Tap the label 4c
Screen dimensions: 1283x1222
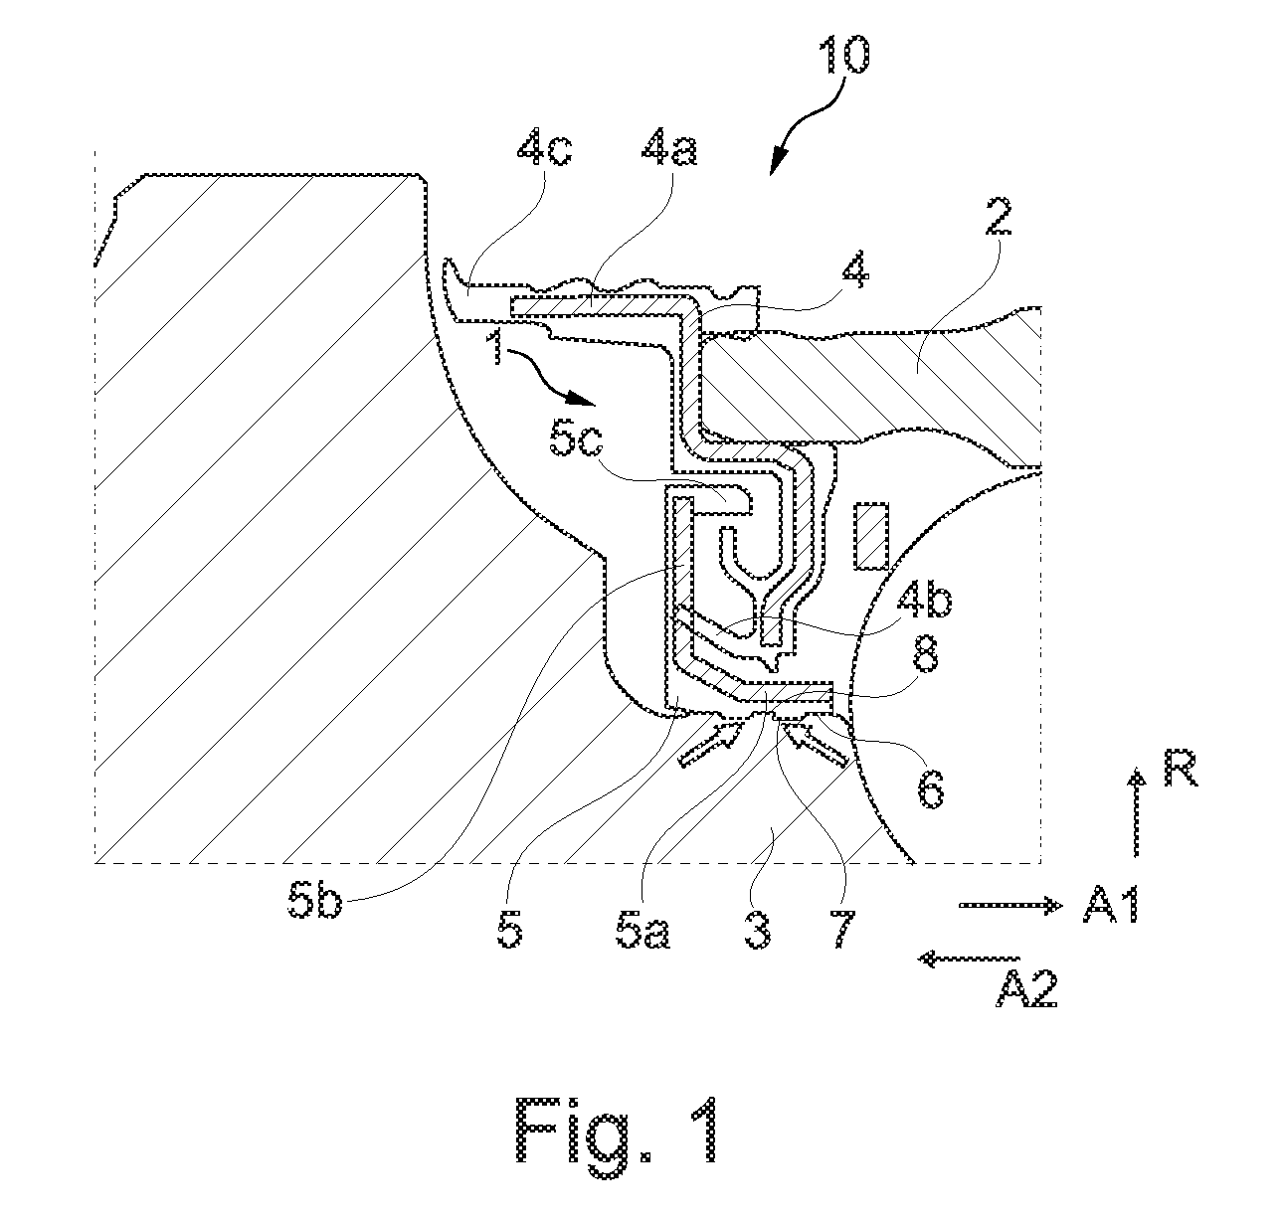click(544, 148)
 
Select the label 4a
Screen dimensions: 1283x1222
click(669, 148)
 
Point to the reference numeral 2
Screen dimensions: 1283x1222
click(999, 217)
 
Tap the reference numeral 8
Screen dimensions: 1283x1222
click(925, 655)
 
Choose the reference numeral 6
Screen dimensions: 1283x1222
click(931, 788)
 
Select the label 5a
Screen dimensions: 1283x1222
click(642, 930)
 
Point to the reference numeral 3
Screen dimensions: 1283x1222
click(758, 930)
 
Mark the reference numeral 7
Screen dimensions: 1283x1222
click(841, 930)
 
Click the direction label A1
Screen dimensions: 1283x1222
click(1111, 904)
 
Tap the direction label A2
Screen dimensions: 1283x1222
click(1025, 987)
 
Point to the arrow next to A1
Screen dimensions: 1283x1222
click(1010, 905)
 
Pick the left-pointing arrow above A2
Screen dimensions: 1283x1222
click(969, 959)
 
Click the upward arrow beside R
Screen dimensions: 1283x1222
click(1137, 811)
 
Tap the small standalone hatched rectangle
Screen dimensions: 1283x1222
click(871, 535)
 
